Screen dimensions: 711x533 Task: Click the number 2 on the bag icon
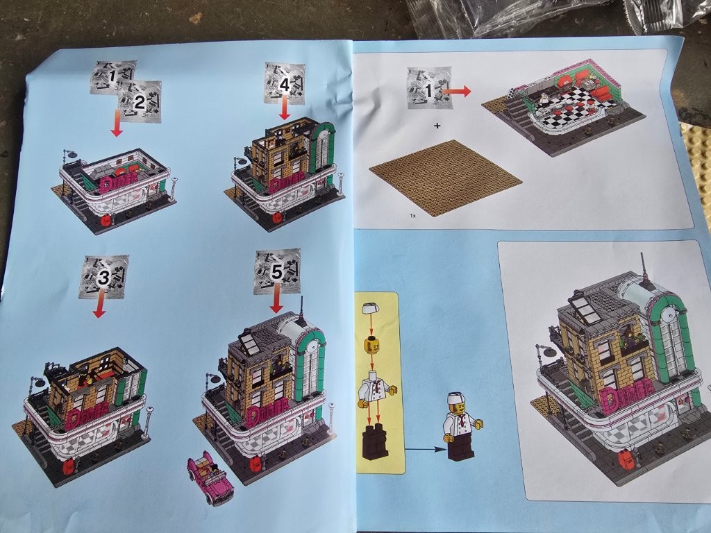(x=140, y=102)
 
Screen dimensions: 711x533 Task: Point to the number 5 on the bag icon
(x=276, y=272)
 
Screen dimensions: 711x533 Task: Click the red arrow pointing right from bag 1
(x=457, y=92)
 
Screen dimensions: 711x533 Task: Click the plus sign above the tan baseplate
(x=437, y=126)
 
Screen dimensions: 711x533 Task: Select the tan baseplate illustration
(x=446, y=178)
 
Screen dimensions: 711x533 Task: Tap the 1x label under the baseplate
(x=412, y=217)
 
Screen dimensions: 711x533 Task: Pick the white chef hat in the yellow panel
(x=370, y=310)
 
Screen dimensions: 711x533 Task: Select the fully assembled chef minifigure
(x=462, y=426)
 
